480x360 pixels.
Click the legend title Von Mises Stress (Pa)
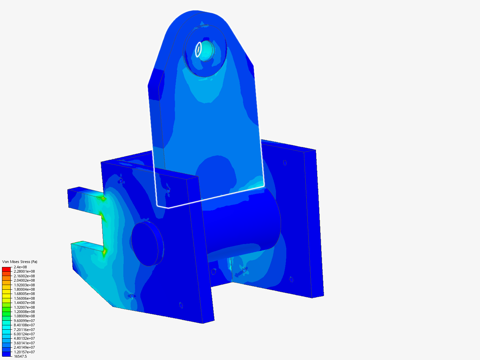click(20, 262)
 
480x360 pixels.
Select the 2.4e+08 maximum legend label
click(20, 267)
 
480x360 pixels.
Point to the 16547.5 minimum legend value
click(20, 356)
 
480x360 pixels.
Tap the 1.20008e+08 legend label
click(24, 312)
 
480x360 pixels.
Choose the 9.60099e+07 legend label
click(24, 321)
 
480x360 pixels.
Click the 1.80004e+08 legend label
click(24, 289)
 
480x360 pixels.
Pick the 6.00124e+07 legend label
click(24, 334)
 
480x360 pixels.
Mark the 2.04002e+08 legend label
click(24, 280)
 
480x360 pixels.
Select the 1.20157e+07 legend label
click(24, 352)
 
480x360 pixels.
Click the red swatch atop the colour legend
click(7, 269)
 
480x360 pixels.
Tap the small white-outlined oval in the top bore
click(198, 49)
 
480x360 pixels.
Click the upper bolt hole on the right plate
click(285, 163)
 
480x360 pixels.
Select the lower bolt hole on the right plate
click(291, 279)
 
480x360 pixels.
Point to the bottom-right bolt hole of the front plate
click(181, 305)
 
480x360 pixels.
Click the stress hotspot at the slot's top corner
click(103, 199)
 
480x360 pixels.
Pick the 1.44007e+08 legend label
click(24, 303)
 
